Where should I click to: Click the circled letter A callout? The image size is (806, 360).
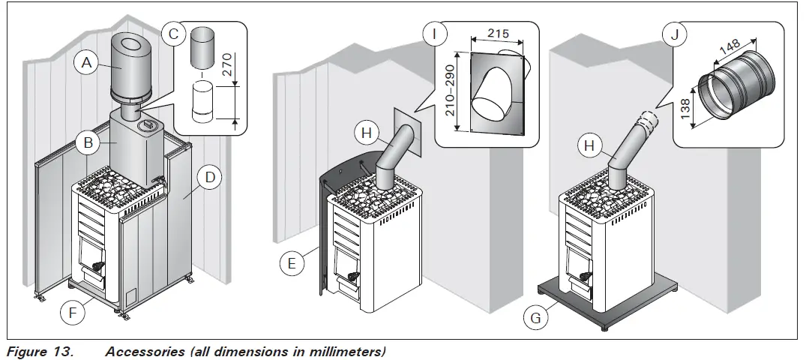pyautogui.click(x=86, y=64)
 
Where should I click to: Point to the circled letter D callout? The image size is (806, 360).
pyautogui.click(x=210, y=178)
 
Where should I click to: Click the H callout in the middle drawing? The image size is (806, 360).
pyautogui.click(x=365, y=133)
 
